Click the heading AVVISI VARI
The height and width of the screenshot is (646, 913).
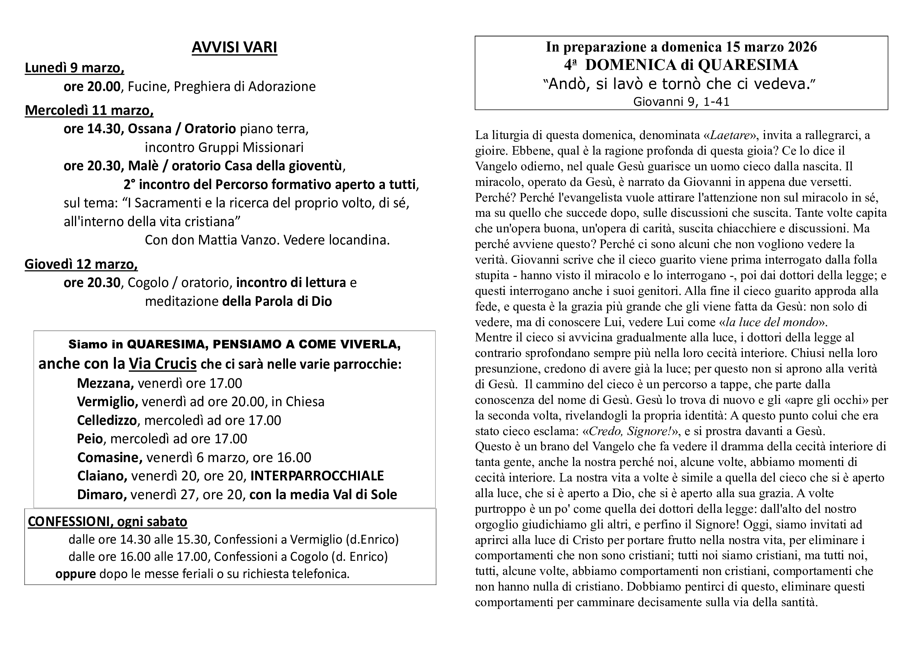point(234,47)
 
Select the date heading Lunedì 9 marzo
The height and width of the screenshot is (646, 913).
point(75,68)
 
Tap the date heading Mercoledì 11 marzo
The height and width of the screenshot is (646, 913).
point(89,110)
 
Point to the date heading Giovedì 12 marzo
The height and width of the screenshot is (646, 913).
point(81,264)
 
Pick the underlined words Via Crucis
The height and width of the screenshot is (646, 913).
point(163,364)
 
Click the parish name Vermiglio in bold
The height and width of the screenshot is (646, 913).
point(107,402)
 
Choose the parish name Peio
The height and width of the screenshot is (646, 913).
point(90,439)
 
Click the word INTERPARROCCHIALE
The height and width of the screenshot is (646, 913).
point(317,476)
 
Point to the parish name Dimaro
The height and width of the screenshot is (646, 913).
point(102,494)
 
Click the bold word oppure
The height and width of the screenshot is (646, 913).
point(76,574)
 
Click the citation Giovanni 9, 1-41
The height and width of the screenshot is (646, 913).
point(681,102)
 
